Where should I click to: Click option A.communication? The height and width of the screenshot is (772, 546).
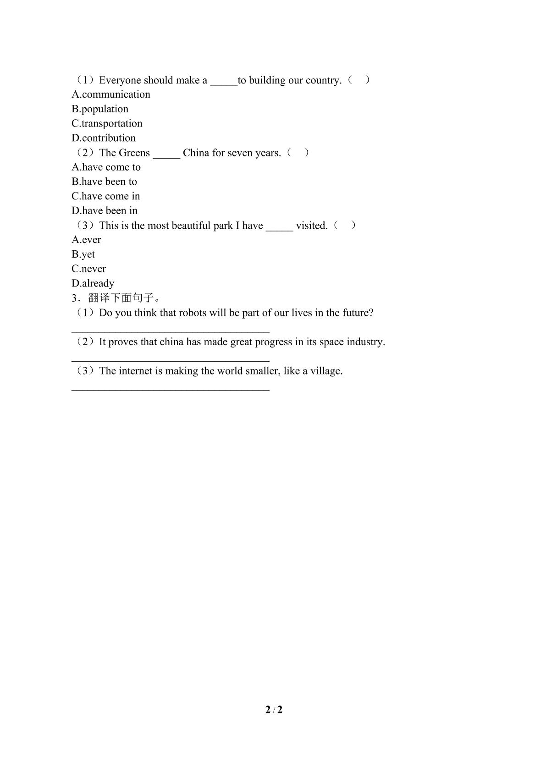point(111,94)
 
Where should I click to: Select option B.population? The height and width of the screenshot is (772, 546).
point(100,109)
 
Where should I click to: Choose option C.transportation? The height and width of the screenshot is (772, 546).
point(107,123)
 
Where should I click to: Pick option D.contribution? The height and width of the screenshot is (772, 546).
point(104,138)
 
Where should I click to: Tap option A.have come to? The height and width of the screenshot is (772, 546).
point(106,167)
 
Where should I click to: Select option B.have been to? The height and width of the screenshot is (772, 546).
point(104,182)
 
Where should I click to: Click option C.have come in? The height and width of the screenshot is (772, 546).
point(106,196)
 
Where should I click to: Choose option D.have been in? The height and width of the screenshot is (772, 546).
point(105,211)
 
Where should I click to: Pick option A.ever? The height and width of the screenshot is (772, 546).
point(86,240)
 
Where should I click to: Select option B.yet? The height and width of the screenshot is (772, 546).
point(83,254)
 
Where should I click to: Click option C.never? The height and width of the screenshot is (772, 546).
point(88,269)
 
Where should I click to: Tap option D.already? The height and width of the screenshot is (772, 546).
point(93,283)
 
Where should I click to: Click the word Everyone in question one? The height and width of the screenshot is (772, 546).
point(120,80)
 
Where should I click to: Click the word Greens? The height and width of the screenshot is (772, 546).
point(134,153)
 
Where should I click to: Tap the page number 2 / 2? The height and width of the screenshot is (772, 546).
point(274,710)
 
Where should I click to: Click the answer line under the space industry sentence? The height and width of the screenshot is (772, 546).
point(171,361)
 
